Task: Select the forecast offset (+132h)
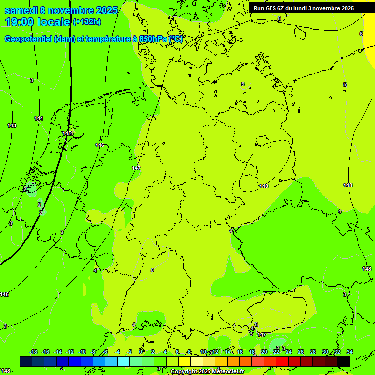pos(86,21)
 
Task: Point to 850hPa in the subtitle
pos(150,39)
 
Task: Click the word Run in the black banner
pos(259,8)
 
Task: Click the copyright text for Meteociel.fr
pos(207,372)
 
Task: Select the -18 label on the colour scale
pos(33,352)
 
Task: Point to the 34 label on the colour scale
pos(350,352)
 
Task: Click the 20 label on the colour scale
pos(264,352)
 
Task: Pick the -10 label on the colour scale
pos(82,352)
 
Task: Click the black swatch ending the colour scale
pos(343,361)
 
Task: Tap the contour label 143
pos(12,125)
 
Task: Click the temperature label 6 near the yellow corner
pos(361,34)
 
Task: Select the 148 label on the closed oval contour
pos(264,186)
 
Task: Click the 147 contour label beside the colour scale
pos(262,334)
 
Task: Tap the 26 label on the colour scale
pos(301,352)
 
